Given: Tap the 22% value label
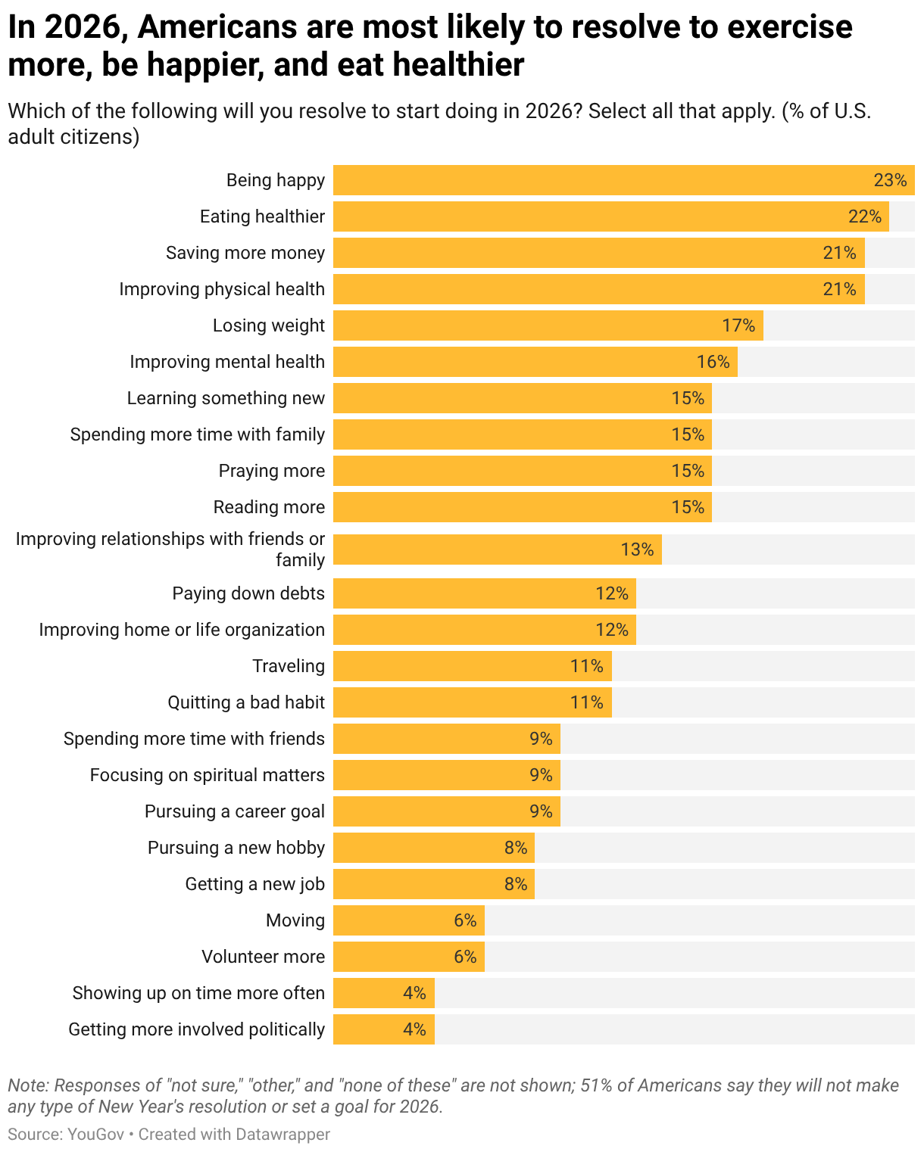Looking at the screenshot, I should coord(865,216).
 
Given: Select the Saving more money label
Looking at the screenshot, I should coord(245,253).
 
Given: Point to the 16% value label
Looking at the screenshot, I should coord(713,362).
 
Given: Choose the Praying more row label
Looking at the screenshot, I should coord(271,471).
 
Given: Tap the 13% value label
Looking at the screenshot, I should coord(637,550).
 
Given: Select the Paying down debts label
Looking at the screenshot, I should coord(248,593).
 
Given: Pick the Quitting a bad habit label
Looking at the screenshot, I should coord(246,702).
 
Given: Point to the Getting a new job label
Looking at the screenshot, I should coord(254,884).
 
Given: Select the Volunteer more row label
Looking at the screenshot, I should coord(263,957).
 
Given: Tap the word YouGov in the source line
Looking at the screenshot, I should coord(96,1134).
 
